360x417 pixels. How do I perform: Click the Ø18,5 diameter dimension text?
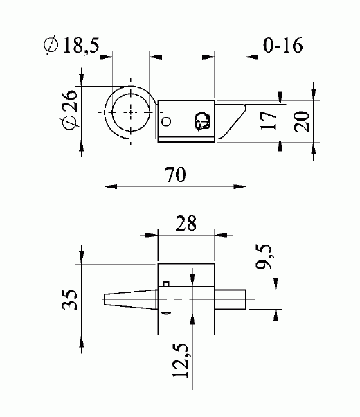(x=72, y=46)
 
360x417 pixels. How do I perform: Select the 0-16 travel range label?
(x=284, y=46)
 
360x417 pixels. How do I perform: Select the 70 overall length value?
(x=175, y=175)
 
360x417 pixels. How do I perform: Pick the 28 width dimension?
(x=186, y=223)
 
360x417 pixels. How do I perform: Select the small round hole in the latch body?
(x=165, y=122)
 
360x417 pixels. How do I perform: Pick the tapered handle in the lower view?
(x=128, y=299)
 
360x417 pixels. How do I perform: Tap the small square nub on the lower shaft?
(x=166, y=283)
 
